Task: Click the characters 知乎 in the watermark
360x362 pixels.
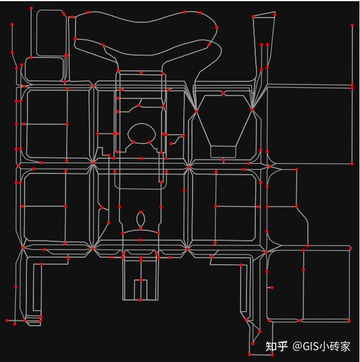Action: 276,346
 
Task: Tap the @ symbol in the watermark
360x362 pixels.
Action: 297,346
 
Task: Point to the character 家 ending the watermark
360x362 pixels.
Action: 345,346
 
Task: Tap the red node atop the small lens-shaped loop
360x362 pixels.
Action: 140,212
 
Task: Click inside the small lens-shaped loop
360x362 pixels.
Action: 140,220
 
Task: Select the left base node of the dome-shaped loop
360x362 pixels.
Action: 133,142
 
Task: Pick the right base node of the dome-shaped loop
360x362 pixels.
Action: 150,142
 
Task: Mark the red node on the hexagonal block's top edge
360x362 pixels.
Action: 224,93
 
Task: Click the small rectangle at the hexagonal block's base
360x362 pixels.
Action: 223,152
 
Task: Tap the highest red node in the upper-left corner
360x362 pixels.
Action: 31,8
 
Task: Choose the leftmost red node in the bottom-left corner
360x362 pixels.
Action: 7,320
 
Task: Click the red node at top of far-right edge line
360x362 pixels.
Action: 352,25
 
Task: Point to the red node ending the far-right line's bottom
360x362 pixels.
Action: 352,164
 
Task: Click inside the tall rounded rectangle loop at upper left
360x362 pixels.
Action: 50,32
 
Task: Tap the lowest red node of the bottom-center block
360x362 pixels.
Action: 140,300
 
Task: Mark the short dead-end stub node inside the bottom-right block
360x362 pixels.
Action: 272,288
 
